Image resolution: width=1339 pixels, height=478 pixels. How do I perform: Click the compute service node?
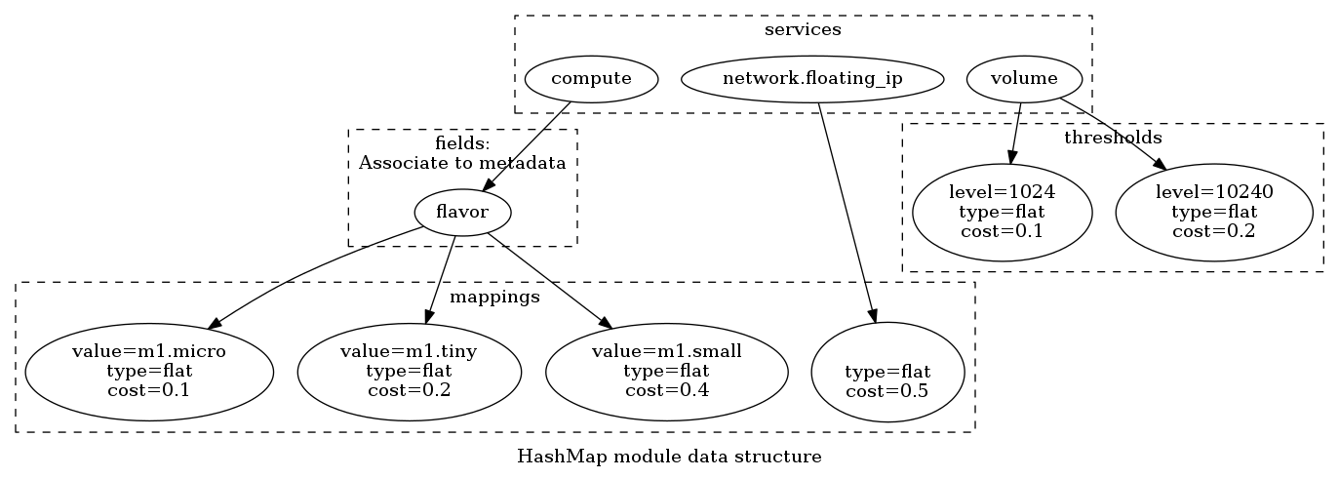pyautogui.click(x=591, y=78)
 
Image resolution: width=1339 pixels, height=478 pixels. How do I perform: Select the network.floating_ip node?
pyautogui.click(x=812, y=78)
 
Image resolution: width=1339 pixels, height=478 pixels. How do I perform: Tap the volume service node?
pyautogui.click(x=1024, y=78)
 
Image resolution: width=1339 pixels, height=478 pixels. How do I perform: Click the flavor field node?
pyautogui.click(x=462, y=212)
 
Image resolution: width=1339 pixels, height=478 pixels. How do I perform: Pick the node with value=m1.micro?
pyautogui.click(x=148, y=371)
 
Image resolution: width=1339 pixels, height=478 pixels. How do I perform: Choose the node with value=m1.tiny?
pyautogui.click(x=408, y=371)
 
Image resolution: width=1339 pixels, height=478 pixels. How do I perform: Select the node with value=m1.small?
pyautogui.click(x=667, y=371)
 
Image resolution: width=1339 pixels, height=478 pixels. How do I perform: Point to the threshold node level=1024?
pyautogui.click(x=1002, y=212)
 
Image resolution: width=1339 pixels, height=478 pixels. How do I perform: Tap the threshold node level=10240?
pyautogui.click(x=1214, y=212)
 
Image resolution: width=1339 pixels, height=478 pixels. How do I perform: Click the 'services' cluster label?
pyautogui.click(x=803, y=29)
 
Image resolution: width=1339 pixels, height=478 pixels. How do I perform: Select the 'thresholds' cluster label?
pyautogui.click(x=1113, y=138)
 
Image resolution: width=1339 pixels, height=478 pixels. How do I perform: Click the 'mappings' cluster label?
pyautogui.click(x=494, y=298)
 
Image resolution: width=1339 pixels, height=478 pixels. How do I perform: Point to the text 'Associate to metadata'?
pyautogui.click(x=462, y=163)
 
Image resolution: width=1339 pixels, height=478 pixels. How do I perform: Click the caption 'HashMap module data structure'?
pyautogui.click(x=669, y=457)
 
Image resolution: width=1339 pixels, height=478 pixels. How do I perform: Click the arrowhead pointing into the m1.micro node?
pyautogui.click(x=217, y=323)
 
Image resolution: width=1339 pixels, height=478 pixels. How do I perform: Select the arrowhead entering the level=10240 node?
pyautogui.click(x=1158, y=165)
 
